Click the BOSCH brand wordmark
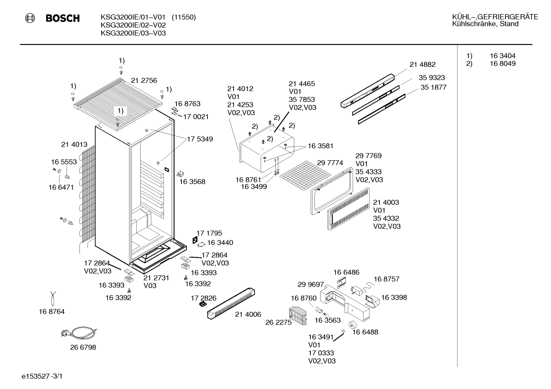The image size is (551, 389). (x=63, y=18)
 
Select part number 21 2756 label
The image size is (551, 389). (x=144, y=80)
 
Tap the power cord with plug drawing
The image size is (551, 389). (x=79, y=333)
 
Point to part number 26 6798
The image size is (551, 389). (x=83, y=347)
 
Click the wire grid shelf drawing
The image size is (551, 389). (x=305, y=176)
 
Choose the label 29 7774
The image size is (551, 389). (x=330, y=163)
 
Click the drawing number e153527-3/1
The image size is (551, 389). (x=42, y=376)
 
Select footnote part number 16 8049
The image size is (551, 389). (x=503, y=63)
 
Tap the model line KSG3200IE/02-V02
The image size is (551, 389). (x=133, y=25)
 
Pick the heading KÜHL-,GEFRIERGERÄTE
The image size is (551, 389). (x=495, y=17)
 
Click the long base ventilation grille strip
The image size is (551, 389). (x=231, y=303)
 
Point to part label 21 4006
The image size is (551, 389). (x=248, y=314)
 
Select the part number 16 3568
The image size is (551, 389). (x=192, y=182)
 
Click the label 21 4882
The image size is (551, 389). (x=423, y=65)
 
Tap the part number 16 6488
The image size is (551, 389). (x=365, y=332)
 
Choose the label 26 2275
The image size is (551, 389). (x=279, y=322)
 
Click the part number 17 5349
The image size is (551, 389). (x=200, y=139)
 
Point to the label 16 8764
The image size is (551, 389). (x=52, y=312)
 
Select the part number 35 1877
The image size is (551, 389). (x=433, y=87)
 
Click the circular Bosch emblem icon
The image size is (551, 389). (x=30, y=18)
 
